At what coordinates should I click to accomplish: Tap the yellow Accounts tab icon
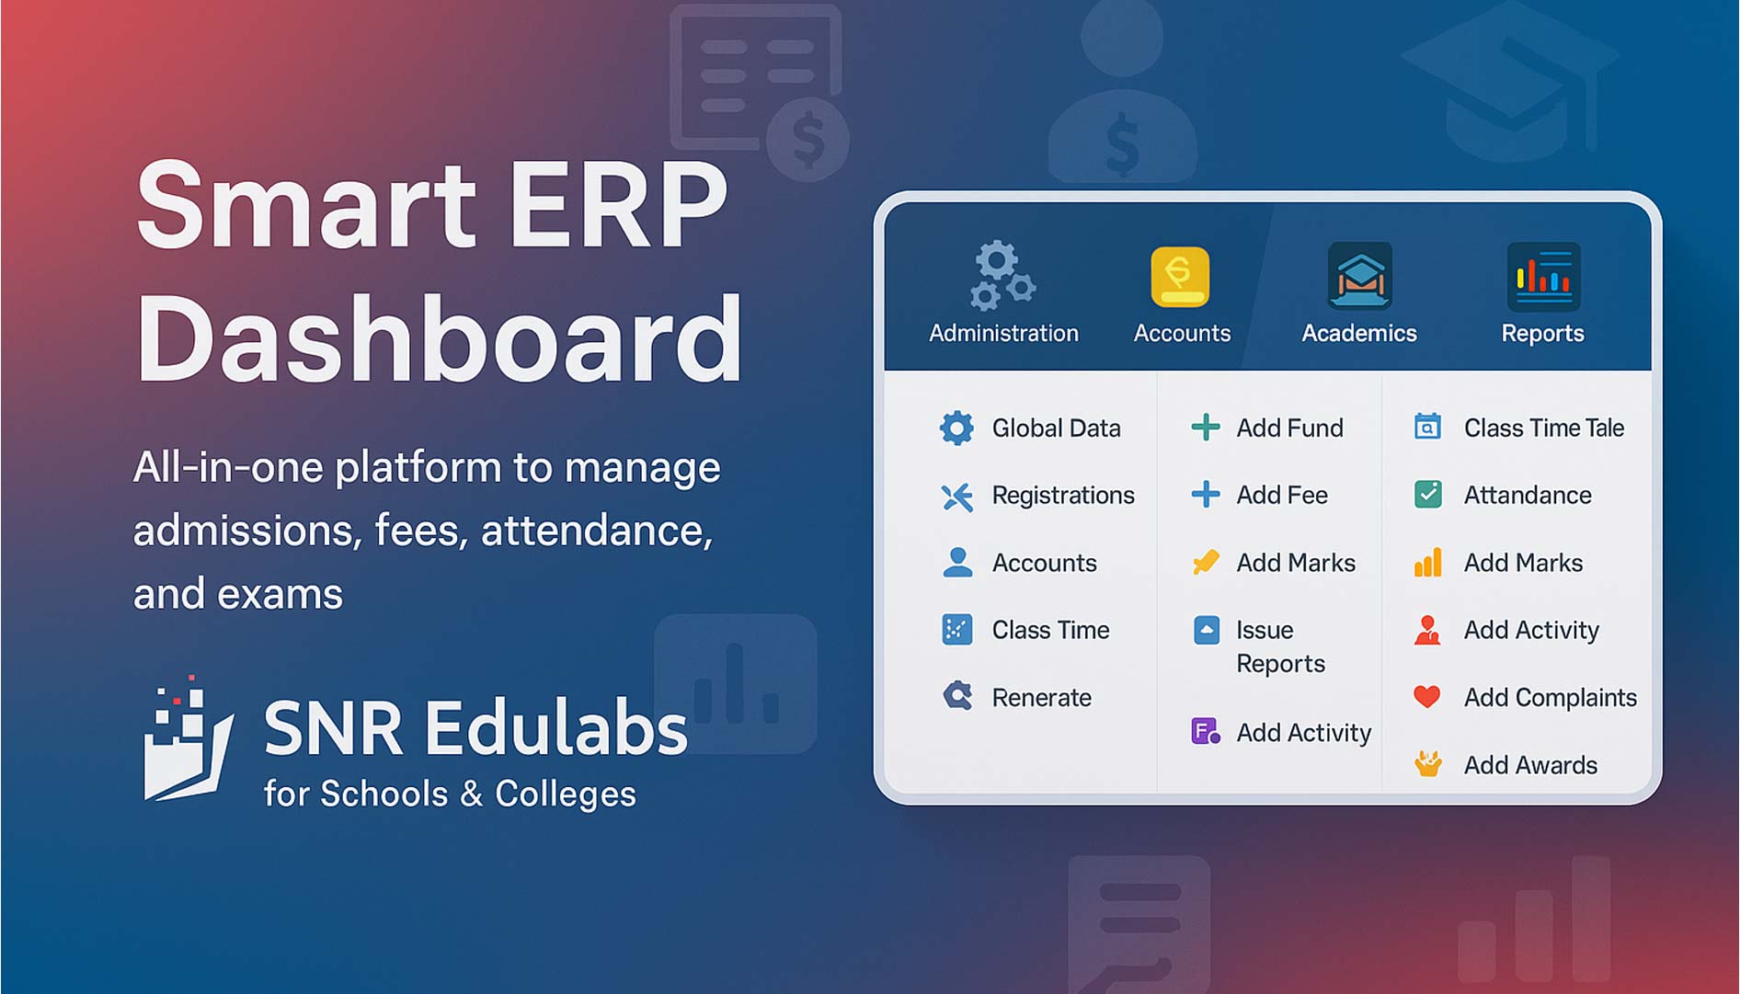coord(1180,276)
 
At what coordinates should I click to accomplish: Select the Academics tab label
coord(1359,333)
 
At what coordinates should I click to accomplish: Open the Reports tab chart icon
coord(1543,276)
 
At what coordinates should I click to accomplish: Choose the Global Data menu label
coord(1056,428)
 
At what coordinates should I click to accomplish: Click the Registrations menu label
coord(1063,496)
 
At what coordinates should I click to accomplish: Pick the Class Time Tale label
coord(1544,428)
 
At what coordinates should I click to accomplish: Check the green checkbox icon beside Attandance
coord(1428,495)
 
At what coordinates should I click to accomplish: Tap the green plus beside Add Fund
coord(1206,427)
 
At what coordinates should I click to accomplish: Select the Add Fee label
coord(1282,495)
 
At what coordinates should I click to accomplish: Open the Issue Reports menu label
coord(1281,646)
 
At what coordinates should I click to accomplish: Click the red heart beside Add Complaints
coord(1427,697)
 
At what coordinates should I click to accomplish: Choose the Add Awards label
coord(1530,765)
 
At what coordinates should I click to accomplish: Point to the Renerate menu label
coord(1042,698)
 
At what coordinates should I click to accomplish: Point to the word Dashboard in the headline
coord(440,338)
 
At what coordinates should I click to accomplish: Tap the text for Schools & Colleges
coord(450,794)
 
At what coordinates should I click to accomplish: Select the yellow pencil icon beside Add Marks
coord(1206,562)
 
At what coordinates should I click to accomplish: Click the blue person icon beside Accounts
coord(957,562)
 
